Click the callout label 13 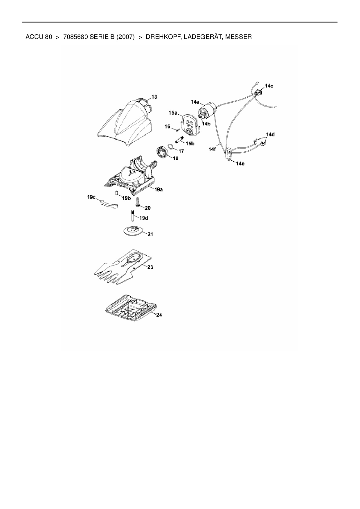coord(154,97)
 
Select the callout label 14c coord(269,86)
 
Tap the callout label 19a coord(158,189)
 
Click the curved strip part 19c coord(108,204)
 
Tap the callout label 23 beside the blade coord(150,267)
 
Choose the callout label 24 coord(159,315)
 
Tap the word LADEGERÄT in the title coord(202,37)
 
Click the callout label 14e coord(240,164)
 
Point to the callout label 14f coord(212,149)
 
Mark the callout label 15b coord(190,143)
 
